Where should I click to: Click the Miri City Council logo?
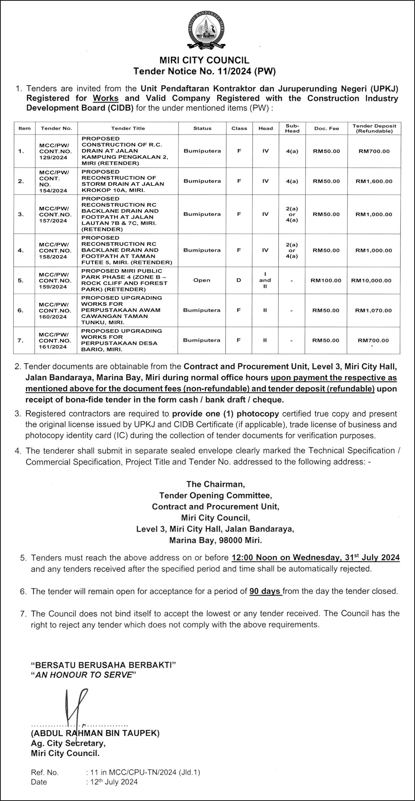(206, 31)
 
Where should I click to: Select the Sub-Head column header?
(292, 128)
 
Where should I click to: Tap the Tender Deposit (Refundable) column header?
(374, 128)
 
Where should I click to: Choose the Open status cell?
(202, 280)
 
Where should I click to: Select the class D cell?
(239, 280)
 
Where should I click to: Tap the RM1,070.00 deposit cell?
(373, 310)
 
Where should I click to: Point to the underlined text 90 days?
(265, 591)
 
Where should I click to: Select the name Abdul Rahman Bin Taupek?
(95, 733)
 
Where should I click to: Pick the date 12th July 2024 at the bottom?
(114, 782)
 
